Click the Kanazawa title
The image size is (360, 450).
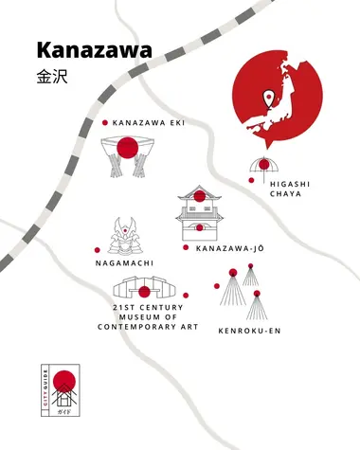click(93, 49)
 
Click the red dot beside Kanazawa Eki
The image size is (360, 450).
click(104, 122)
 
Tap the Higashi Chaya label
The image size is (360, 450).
click(284, 188)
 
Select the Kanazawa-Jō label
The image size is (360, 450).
click(232, 248)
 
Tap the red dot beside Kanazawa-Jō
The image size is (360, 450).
click(186, 247)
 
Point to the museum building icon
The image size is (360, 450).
click(144, 289)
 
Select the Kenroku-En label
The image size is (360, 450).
click(249, 331)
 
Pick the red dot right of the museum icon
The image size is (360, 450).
click(186, 295)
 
